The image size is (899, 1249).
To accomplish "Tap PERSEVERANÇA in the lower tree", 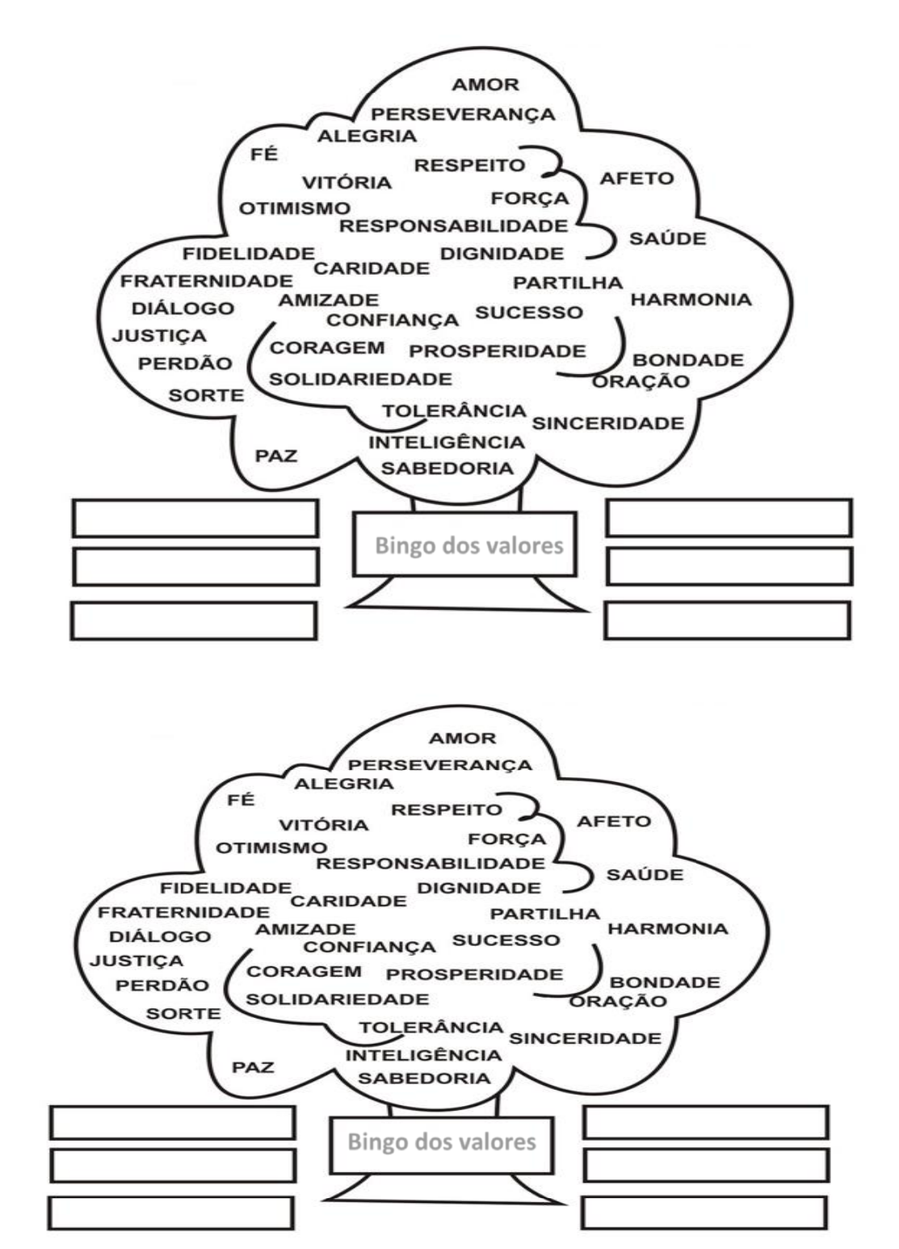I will click(x=440, y=764).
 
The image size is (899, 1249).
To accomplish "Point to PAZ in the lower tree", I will click(x=253, y=1067).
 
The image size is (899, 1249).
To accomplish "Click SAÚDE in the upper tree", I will click(x=667, y=239).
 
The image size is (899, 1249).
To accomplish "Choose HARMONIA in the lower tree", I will click(x=667, y=928).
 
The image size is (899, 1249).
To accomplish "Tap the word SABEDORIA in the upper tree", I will click(x=447, y=469).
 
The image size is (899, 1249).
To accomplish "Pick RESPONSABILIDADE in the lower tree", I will click(x=430, y=864).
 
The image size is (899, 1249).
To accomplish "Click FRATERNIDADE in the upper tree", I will click(x=207, y=281).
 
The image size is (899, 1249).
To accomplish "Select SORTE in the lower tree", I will click(x=183, y=1013).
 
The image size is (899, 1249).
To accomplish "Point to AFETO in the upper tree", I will click(x=636, y=179).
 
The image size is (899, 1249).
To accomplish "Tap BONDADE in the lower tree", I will click(x=665, y=982).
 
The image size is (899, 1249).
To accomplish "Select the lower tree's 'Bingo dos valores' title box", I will click(x=441, y=1142).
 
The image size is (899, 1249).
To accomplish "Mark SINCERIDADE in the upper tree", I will click(x=607, y=423).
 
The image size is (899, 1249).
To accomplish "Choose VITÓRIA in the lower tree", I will click(x=323, y=825).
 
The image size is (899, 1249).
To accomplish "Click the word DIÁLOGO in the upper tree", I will click(x=183, y=309).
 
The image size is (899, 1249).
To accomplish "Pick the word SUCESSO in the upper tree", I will click(x=528, y=313).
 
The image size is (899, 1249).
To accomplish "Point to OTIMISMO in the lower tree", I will click(x=271, y=848).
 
